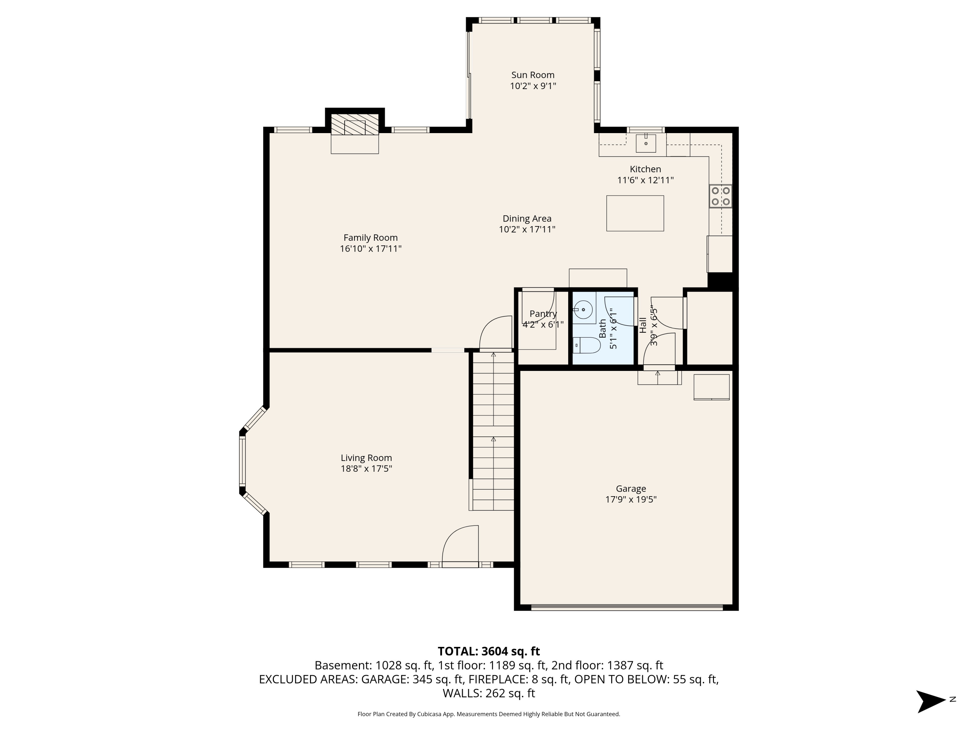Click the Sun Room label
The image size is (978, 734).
532,75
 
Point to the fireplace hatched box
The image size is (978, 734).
355,125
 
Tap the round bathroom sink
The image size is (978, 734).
583,309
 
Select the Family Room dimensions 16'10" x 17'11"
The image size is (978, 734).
371,249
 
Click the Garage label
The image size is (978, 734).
630,488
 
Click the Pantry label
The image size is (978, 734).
543,314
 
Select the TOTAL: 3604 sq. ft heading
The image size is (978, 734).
489,651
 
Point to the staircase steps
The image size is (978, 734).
493,431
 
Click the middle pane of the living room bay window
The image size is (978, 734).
242,461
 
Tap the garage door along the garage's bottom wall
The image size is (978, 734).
627,607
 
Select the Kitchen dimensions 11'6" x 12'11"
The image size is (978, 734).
645,180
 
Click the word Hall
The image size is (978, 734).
643,325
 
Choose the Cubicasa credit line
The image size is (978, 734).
489,714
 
